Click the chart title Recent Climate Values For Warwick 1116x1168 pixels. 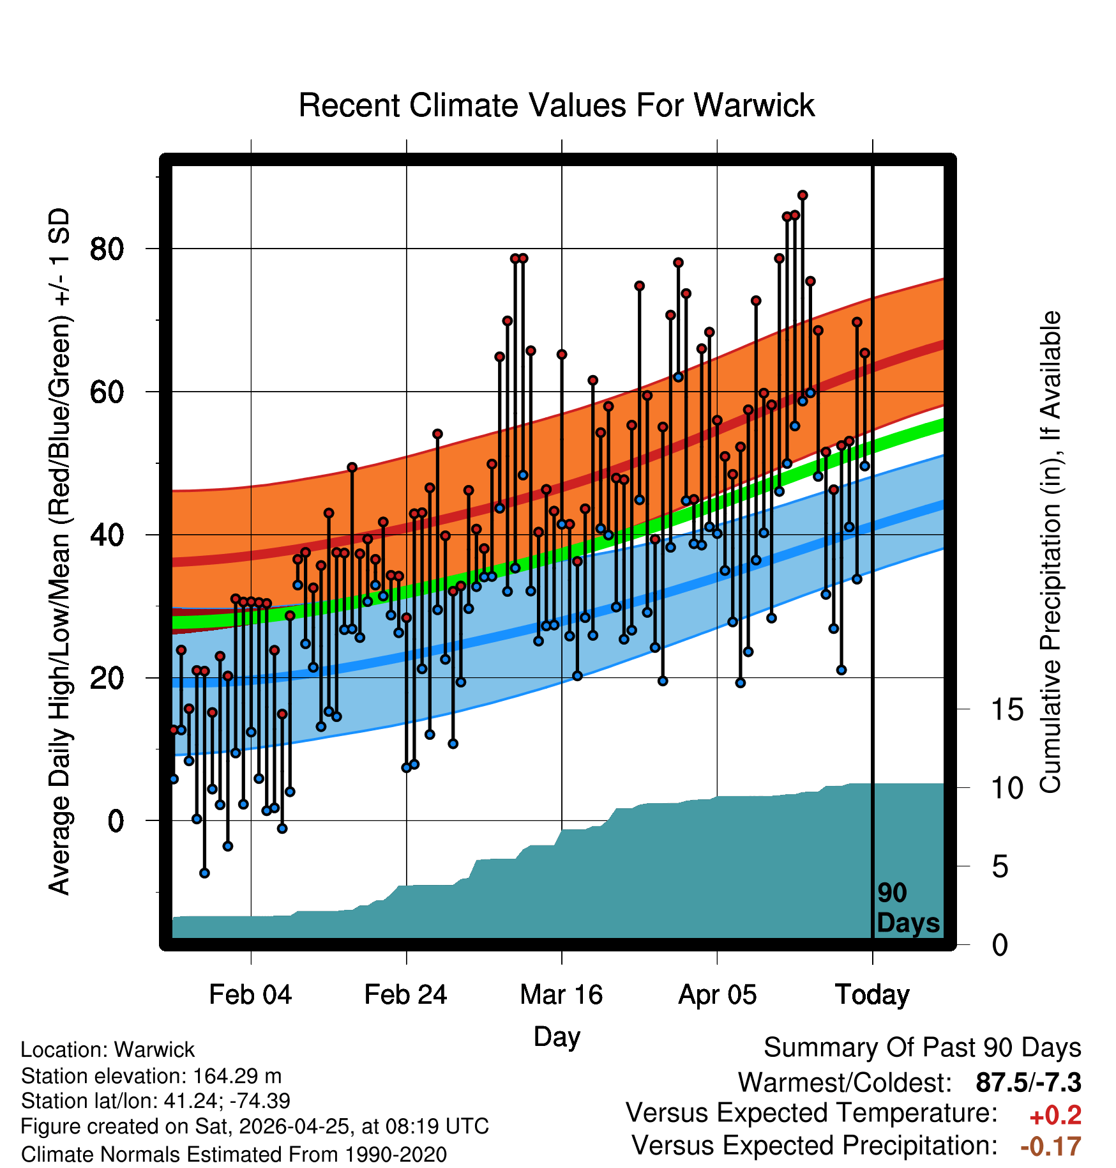(x=557, y=105)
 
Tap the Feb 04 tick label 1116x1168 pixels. (x=250, y=994)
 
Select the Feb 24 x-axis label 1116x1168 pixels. (x=405, y=994)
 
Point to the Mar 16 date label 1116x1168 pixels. (x=561, y=994)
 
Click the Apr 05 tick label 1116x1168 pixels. (x=717, y=995)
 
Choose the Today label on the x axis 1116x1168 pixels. (x=872, y=995)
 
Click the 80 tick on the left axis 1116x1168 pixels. (x=107, y=248)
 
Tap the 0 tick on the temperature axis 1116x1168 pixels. (x=116, y=820)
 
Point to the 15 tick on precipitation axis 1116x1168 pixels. (x=1007, y=709)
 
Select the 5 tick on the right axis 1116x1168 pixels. (x=1000, y=866)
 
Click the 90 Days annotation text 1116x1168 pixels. (x=908, y=908)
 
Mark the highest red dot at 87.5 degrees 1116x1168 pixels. (x=803, y=195)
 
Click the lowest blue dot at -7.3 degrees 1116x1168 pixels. (x=204, y=873)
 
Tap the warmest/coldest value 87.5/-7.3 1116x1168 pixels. (x=1029, y=1082)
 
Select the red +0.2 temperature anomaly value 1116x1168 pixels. (x=1055, y=1116)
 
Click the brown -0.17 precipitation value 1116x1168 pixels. (x=1051, y=1146)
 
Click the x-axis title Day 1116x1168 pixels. (x=557, y=1037)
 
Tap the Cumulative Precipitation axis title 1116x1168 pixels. (x=1050, y=552)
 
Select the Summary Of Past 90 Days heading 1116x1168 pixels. (x=923, y=1048)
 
